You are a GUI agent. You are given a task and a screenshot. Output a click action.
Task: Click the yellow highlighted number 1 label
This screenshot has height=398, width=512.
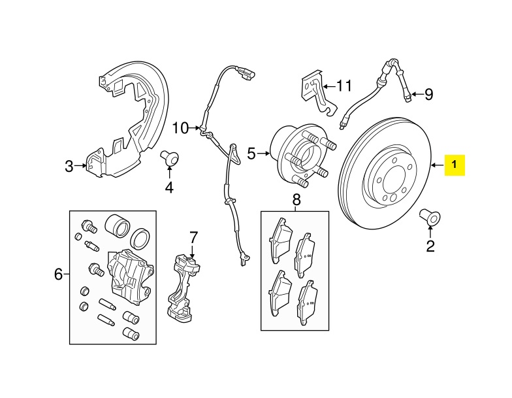(455, 165)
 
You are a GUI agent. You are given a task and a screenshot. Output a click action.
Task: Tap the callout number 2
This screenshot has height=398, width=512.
(430, 246)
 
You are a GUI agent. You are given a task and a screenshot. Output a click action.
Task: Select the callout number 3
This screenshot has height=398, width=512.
(70, 166)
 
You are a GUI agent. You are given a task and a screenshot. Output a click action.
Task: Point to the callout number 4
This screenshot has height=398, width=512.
(169, 188)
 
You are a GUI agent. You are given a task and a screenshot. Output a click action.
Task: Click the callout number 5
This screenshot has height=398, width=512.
(251, 154)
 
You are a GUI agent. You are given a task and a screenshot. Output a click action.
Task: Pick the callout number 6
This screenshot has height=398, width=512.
(58, 275)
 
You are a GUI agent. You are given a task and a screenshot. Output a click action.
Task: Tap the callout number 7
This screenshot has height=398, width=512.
(193, 236)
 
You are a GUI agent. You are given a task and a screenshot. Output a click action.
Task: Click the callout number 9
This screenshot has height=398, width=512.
(428, 95)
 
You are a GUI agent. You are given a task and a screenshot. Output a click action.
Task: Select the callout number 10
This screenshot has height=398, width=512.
(180, 127)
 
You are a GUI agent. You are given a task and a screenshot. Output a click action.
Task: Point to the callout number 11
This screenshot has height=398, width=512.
(344, 85)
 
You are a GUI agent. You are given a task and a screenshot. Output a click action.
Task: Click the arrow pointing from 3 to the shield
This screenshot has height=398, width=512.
(82, 166)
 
